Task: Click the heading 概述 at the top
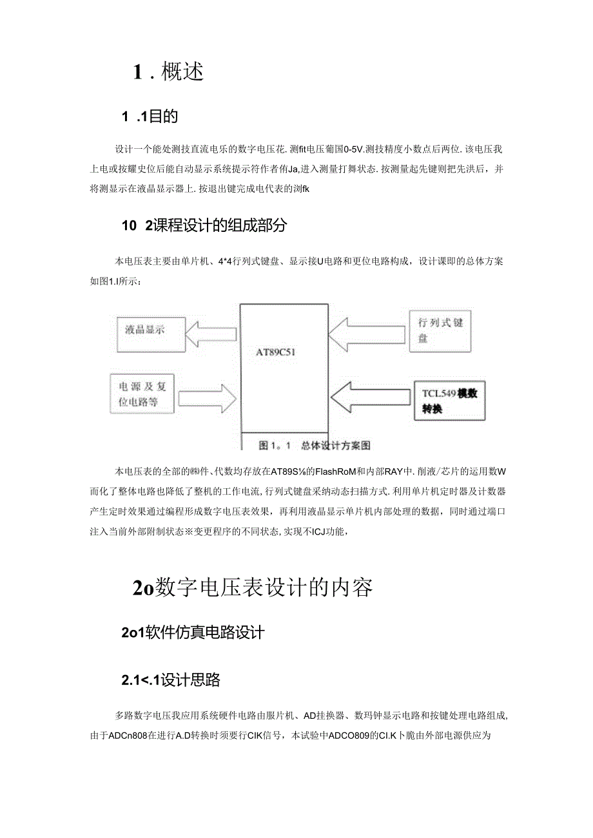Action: point(182,72)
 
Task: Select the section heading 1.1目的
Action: point(150,117)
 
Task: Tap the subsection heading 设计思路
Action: point(191,680)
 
